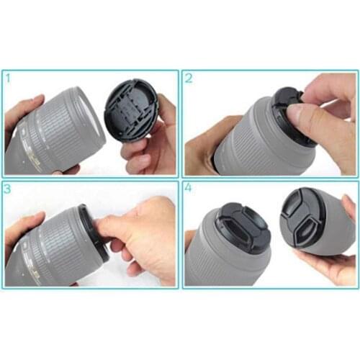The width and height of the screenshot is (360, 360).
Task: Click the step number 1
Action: pos(9,76)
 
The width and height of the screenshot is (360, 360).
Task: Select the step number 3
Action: pos(9,189)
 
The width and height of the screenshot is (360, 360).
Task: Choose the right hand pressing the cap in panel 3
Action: pos(144,238)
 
